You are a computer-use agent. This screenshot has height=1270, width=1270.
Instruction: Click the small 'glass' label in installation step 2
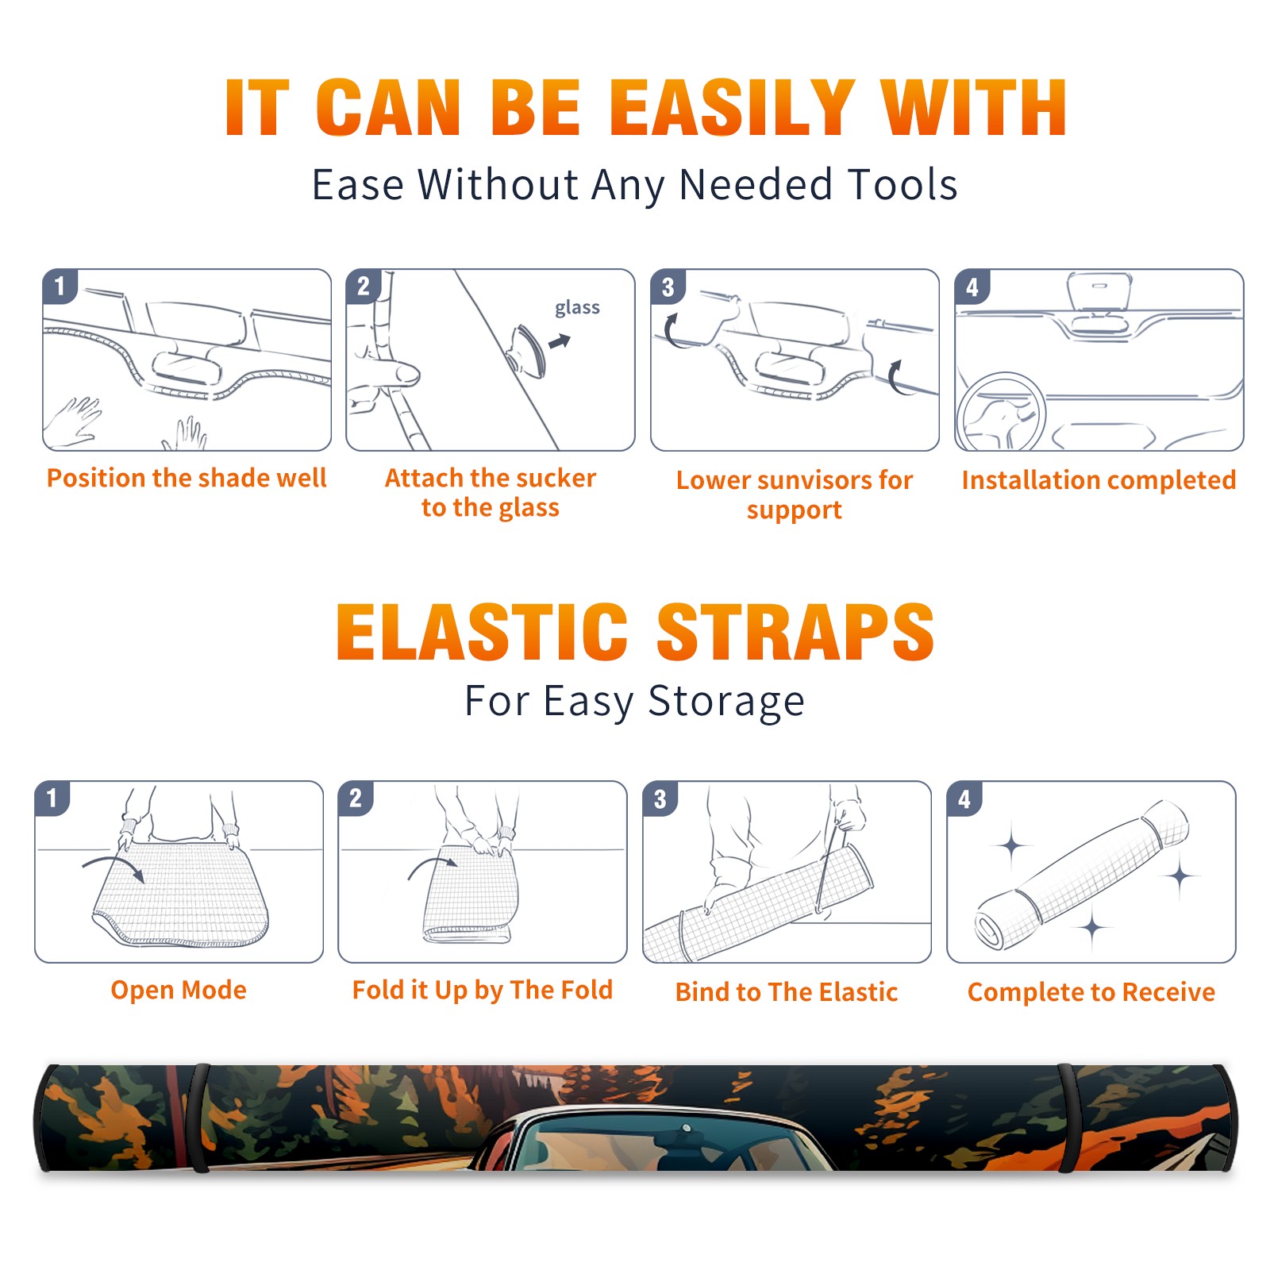[x=577, y=308]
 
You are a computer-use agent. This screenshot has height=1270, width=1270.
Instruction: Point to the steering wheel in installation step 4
[x=1001, y=412]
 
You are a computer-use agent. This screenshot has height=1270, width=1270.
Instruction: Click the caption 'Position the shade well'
[x=187, y=478]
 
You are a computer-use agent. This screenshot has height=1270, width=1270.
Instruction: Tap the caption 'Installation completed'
[x=1099, y=480]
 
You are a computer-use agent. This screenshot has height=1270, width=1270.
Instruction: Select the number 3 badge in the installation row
[x=668, y=287]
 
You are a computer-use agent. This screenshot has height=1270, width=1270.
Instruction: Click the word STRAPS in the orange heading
[x=795, y=632]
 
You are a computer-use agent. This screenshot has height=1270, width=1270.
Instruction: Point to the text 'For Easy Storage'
[x=634, y=702]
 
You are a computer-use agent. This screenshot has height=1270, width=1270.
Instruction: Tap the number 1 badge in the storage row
[x=52, y=798]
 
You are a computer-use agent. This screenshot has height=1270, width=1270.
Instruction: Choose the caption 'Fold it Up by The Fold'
[x=483, y=990]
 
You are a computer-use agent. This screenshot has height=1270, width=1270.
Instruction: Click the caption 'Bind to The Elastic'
[x=787, y=992]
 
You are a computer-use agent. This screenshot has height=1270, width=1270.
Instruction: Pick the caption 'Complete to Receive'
[x=1091, y=992]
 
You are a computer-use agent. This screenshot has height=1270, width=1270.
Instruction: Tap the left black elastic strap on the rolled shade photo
[x=198, y=1118]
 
